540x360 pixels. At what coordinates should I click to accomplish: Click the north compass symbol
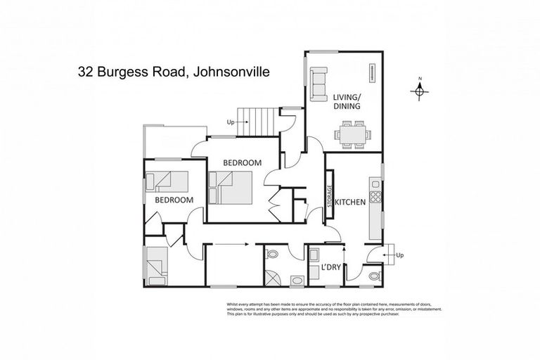tap(419, 89)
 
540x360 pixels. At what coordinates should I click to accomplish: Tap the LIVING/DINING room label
tap(347, 101)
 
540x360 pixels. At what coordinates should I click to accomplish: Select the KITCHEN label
tap(349, 202)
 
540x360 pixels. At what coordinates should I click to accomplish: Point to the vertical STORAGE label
tap(328, 195)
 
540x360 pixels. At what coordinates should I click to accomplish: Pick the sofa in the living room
tap(319, 83)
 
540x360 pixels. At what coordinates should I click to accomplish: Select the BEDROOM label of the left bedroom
tap(174, 200)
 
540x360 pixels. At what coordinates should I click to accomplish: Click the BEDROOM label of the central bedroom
tap(242, 162)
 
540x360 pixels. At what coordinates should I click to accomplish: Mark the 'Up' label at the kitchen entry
tap(400, 255)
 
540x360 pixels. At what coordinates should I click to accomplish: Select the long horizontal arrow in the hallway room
tap(230, 245)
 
